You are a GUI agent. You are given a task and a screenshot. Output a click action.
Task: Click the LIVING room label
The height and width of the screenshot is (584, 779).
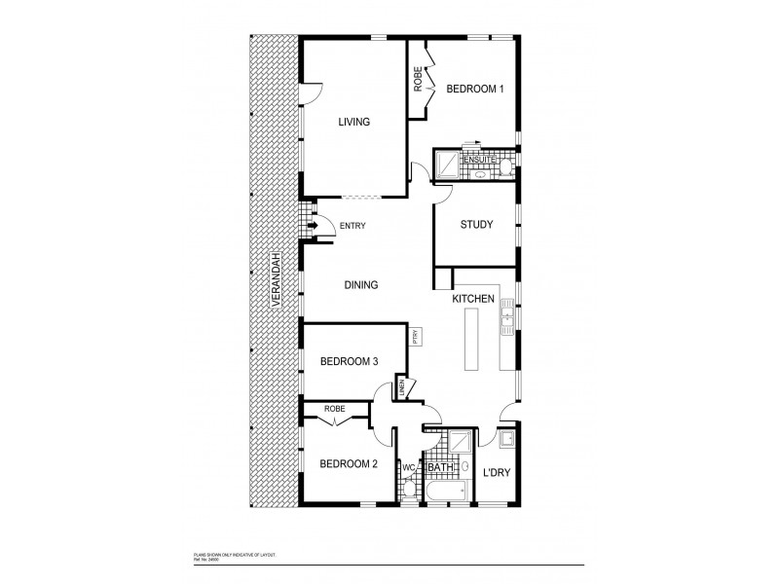353,122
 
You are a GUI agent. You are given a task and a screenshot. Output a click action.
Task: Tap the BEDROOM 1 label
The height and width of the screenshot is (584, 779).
474,90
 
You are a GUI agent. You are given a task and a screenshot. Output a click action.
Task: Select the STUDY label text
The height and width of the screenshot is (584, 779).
476,225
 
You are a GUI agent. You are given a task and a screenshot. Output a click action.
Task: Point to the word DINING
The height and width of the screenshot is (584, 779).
360,285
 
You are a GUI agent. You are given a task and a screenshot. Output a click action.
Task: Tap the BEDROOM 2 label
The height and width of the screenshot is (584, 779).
349,463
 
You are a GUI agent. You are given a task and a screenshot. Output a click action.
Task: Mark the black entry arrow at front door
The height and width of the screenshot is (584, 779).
313,228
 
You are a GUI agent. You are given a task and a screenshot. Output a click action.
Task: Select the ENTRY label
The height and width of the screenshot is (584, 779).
352,227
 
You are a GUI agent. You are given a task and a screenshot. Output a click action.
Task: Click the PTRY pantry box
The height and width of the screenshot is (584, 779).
416,337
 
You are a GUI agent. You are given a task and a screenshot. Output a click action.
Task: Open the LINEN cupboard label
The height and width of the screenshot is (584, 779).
401,390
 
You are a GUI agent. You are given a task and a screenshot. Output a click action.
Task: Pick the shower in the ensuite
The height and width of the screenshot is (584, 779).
448,166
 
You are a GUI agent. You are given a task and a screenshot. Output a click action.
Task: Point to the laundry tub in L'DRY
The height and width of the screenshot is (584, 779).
507,443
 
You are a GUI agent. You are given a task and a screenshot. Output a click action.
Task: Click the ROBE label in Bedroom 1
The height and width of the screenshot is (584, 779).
418,79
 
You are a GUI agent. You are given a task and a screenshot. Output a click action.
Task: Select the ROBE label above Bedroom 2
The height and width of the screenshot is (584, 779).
335,409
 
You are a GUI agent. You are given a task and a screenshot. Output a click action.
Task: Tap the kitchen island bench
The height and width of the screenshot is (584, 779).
474,338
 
